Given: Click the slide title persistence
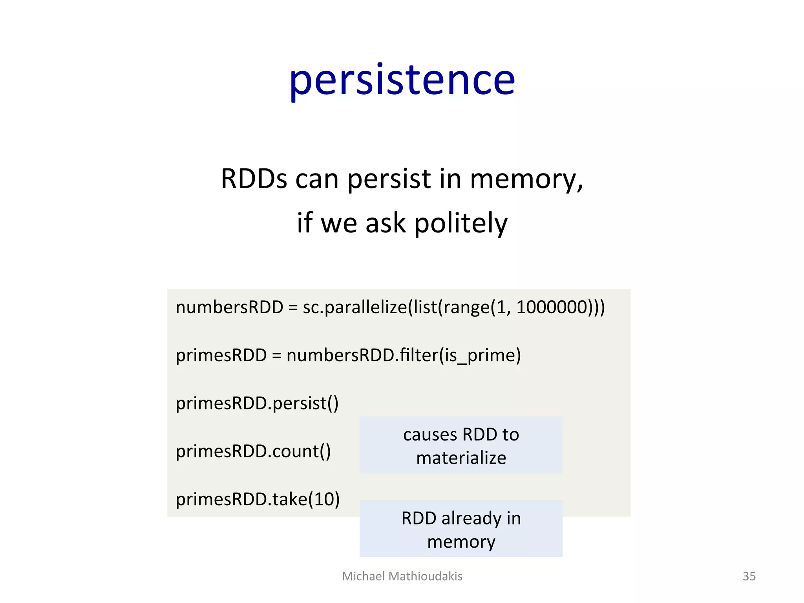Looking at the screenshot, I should pyautogui.click(x=402, y=81).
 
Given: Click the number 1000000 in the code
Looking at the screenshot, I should pyautogui.click(x=552, y=307).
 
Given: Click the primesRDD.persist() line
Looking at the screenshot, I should pyautogui.click(x=257, y=404).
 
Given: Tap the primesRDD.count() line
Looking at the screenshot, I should pyautogui.click(x=253, y=451).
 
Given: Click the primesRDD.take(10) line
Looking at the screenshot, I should pyautogui.click(x=258, y=499).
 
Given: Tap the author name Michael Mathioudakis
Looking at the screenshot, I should pyautogui.click(x=402, y=576).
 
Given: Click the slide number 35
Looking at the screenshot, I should pyautogui.click(x=749, y=576).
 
